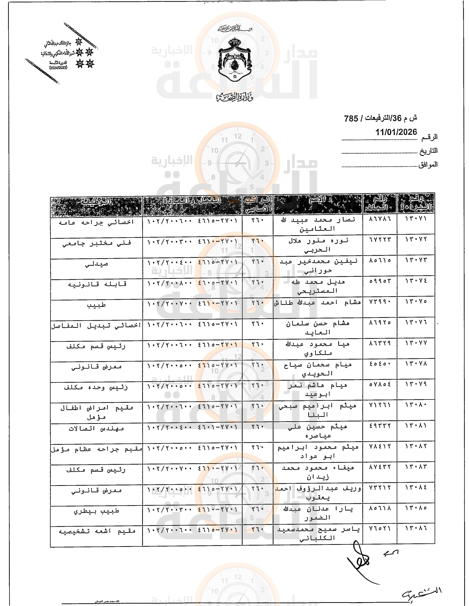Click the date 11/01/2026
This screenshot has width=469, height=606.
[396, 132]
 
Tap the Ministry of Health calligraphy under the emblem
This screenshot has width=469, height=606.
[235, 97]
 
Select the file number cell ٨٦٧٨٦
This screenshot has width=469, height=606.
[380, 219]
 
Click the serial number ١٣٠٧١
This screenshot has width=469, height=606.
[416, 219]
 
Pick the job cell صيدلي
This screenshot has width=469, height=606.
[96, 264]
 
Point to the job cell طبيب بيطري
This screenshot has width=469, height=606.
[96, 511]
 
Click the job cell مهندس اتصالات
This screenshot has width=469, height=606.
[96, 429]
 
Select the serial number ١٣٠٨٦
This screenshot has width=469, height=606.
[416, 528]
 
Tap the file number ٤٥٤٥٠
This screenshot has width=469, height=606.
[380, 364]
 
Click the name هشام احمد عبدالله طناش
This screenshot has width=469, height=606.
[318, 303]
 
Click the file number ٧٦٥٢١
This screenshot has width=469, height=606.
[380, 528]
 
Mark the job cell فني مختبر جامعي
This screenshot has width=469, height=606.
[96, 243]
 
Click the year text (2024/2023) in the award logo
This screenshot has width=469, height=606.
[58, 68]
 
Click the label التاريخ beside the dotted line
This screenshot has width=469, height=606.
[428, 151]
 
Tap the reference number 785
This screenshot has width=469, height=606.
[351, 118]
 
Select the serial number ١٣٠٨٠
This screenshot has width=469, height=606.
[416, 405]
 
